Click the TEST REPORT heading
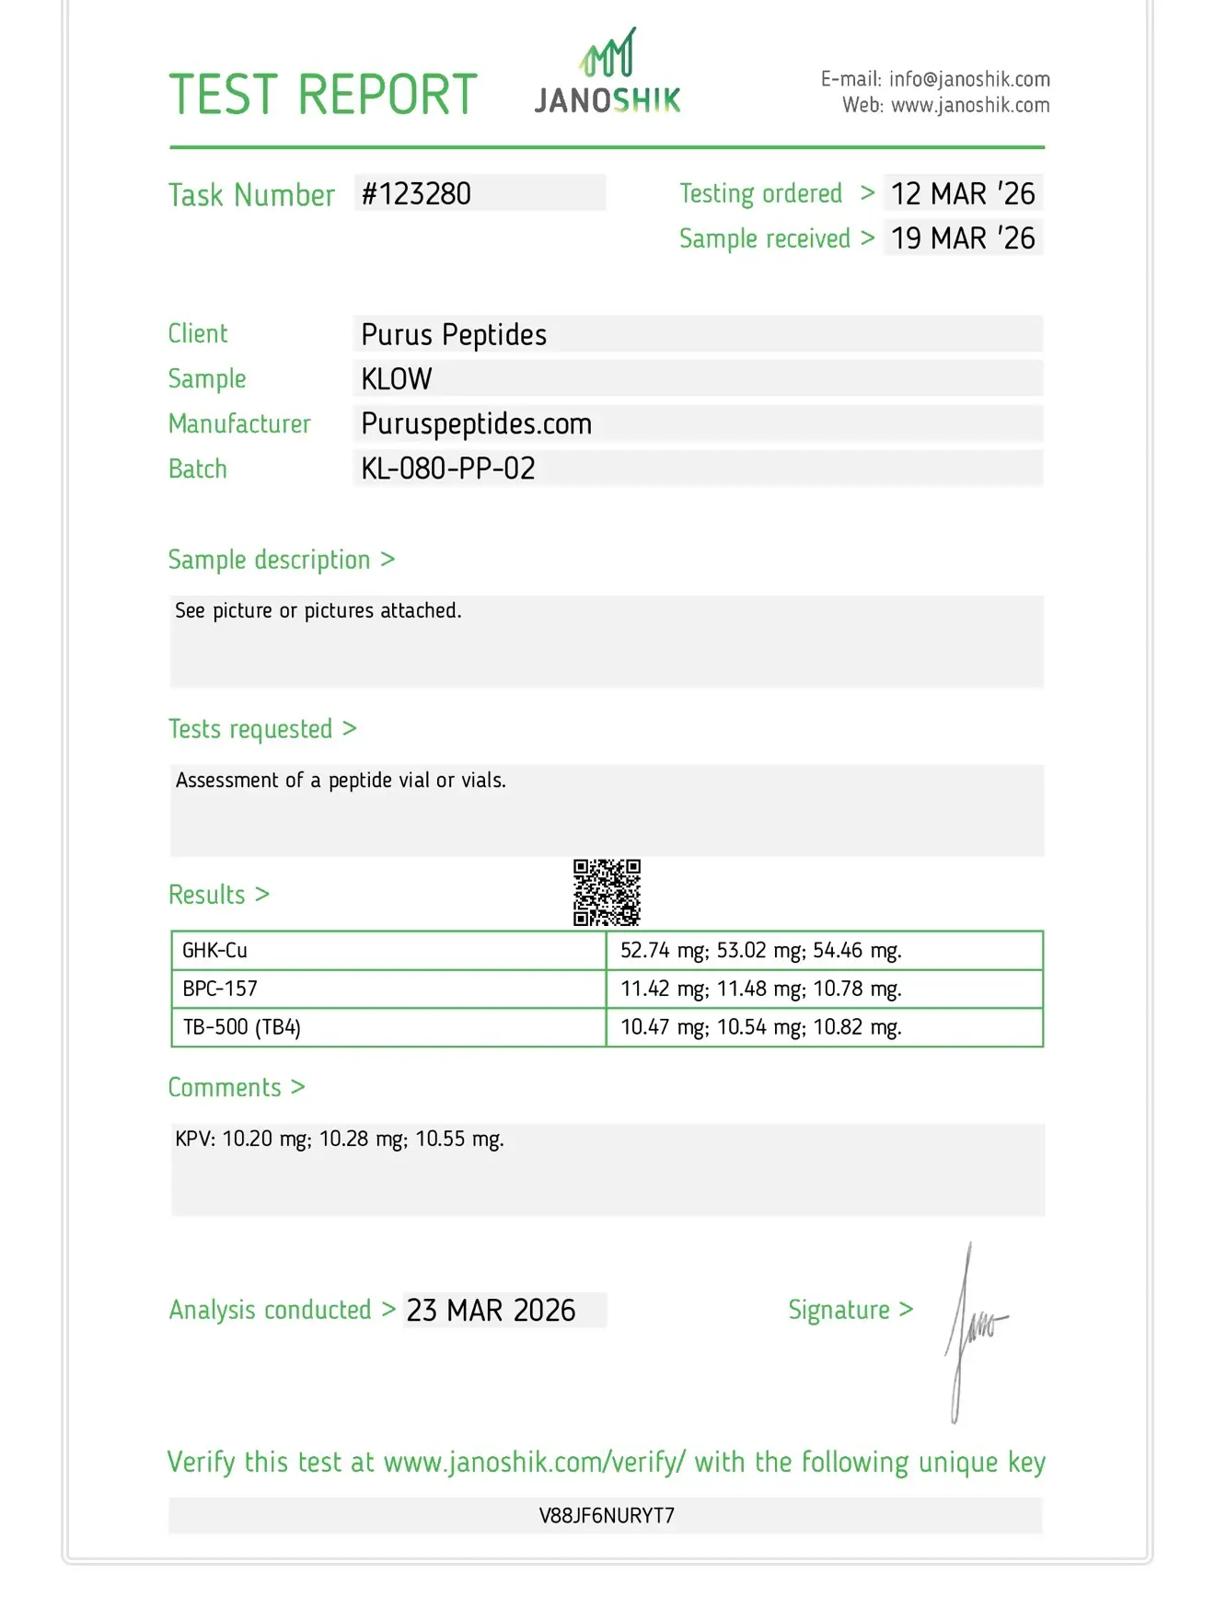pos(323,95)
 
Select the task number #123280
pos(416,194)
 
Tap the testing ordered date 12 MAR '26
pos(963,194)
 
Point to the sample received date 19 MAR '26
pos(963,238)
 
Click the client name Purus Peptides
pos(454,335)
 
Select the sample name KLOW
pos(397,379)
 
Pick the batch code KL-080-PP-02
pos(448,469)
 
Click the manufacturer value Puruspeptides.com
pos(476,424)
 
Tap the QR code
pos(607,893)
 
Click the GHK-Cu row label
pos(214,951)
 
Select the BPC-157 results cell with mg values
pos(760,989)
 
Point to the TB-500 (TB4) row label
pos(241,1027)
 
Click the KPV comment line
pos(340,1140)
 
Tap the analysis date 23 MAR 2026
pos(492,1311)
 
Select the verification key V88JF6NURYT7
pos(607,1516)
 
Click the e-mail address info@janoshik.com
pos(969,80)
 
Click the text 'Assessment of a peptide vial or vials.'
pos(341,781)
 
